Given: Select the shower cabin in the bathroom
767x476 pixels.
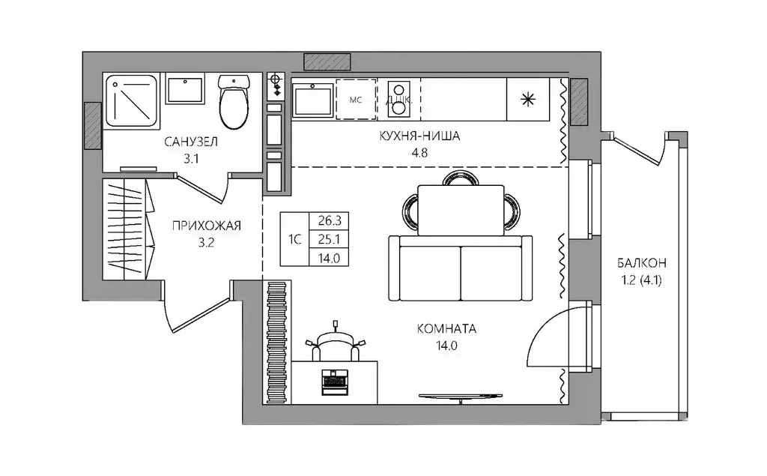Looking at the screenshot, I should [131, 101].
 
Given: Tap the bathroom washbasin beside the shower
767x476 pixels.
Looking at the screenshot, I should [184, 90].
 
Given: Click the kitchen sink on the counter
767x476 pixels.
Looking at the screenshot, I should [312, 100].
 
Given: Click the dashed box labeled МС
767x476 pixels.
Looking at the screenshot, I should [356, 99].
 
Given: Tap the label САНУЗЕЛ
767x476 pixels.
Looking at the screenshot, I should [191, 140].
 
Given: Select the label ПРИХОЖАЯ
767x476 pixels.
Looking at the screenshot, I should [206, 226].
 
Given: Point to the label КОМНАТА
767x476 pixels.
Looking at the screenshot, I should [447, 328].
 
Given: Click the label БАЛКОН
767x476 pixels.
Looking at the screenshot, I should [641, 263].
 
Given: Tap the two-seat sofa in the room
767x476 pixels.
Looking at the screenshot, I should [460, 268].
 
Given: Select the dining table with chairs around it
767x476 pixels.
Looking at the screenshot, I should [458, 209].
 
